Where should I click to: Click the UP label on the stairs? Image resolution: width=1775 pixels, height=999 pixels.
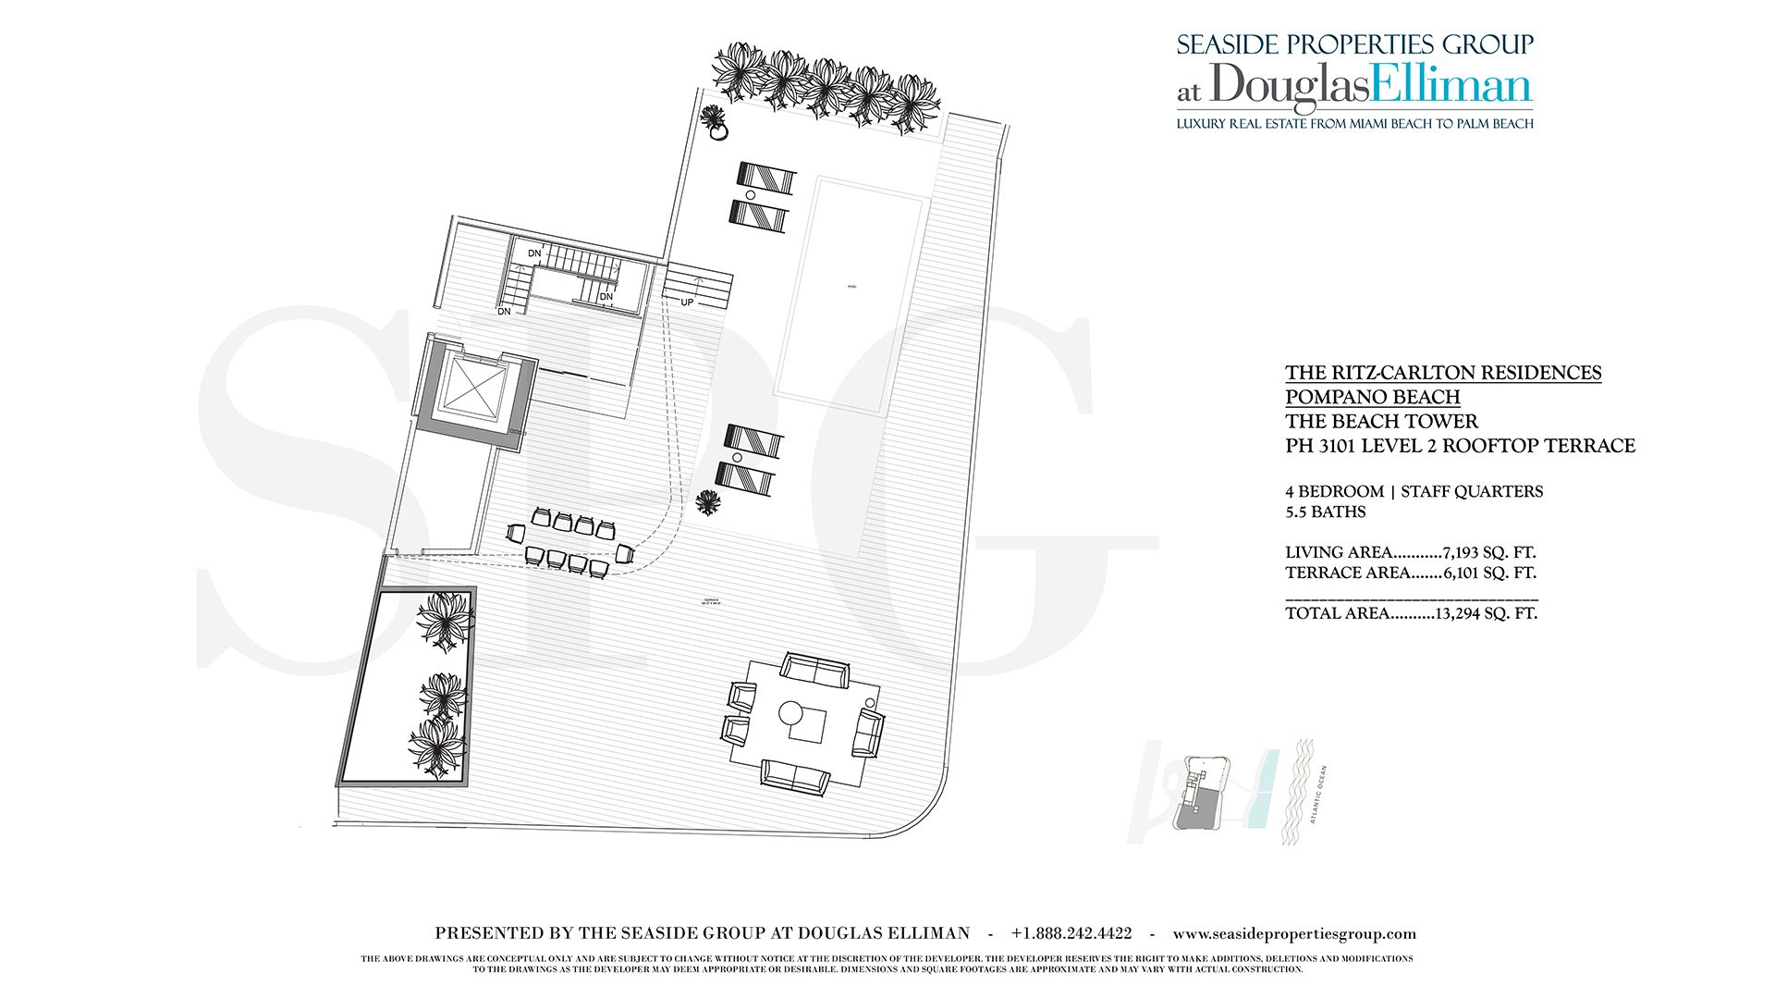687,302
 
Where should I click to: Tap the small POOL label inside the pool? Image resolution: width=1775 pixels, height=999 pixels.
851,287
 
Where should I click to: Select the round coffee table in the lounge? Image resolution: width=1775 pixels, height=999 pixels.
790,713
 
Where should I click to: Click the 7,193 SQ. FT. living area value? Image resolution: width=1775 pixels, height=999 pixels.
1488,552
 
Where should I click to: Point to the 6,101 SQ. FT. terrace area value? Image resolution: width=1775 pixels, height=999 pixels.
1489,573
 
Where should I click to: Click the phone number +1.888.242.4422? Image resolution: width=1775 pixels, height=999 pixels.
1071,933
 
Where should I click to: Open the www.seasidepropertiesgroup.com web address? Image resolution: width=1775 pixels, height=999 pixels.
1294,933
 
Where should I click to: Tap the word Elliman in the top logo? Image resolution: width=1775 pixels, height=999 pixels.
1451,85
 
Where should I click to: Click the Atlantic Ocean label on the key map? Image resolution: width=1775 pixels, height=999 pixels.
1319,794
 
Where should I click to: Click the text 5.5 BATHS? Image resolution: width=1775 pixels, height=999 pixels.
1325,512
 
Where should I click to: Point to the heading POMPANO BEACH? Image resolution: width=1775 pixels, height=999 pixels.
1372,397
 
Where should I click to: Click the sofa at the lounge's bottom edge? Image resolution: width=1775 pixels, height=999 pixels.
795,775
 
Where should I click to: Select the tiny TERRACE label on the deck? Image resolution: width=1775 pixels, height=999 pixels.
711,601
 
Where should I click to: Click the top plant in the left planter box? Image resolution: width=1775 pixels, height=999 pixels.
446,618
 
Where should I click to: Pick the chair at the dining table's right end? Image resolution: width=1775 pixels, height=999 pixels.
625,554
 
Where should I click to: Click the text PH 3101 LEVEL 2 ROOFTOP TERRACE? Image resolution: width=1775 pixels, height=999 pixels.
1460,446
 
